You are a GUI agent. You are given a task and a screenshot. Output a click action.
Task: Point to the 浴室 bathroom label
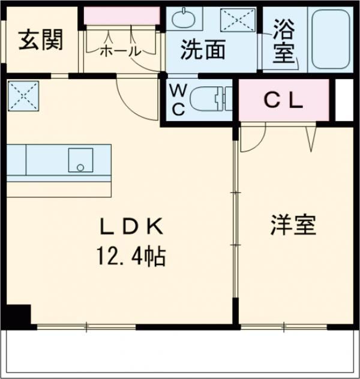pos(284,40)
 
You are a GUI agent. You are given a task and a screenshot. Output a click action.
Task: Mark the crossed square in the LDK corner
pos(23,95)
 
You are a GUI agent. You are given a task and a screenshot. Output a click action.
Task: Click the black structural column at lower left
pos(18,315)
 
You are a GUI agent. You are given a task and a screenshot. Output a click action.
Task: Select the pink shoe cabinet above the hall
pos(121,16)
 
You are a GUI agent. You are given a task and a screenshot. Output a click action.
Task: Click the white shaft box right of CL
pos(343,100)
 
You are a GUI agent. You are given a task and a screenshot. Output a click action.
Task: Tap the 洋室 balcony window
pos(283,327)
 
